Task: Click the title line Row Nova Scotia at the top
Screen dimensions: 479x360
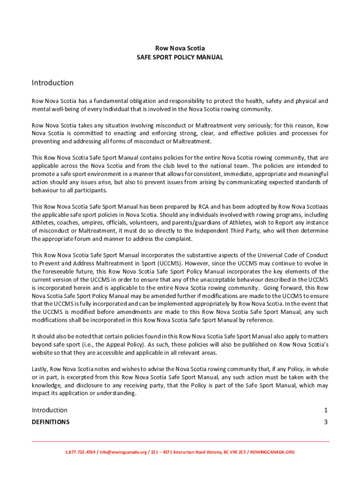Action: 180,48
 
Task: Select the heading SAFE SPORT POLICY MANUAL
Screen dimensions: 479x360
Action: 180,57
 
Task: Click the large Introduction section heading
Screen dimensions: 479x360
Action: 52,83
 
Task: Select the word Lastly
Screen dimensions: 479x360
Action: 40,369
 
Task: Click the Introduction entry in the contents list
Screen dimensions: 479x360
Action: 50,410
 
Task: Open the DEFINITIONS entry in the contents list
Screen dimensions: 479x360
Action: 50,422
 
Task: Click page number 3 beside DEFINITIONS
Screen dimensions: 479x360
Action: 325,422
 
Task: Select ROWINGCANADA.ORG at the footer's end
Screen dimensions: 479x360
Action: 273,452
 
